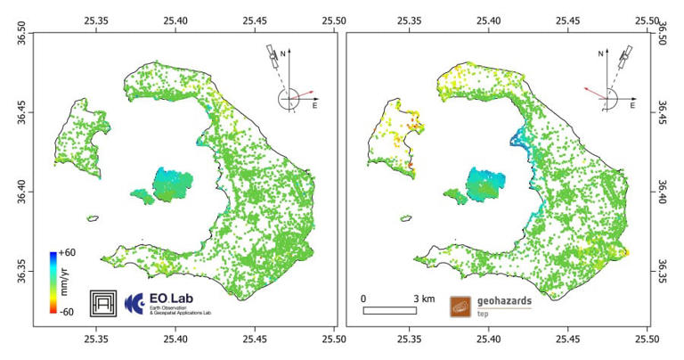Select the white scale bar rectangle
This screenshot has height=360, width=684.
click(389, 310)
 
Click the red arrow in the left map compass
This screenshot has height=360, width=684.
click(302, 93)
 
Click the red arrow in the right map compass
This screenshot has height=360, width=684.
click(594, 89)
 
